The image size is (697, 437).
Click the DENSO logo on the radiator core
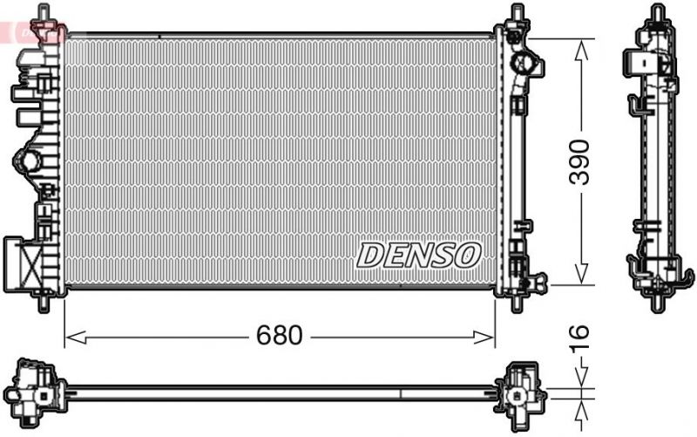coord(418,255)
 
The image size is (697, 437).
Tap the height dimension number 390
coord(579,161)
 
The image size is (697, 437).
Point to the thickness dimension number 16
coord(579,336)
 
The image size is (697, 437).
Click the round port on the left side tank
coord(30,160)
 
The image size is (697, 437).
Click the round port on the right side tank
coord(525,64)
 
